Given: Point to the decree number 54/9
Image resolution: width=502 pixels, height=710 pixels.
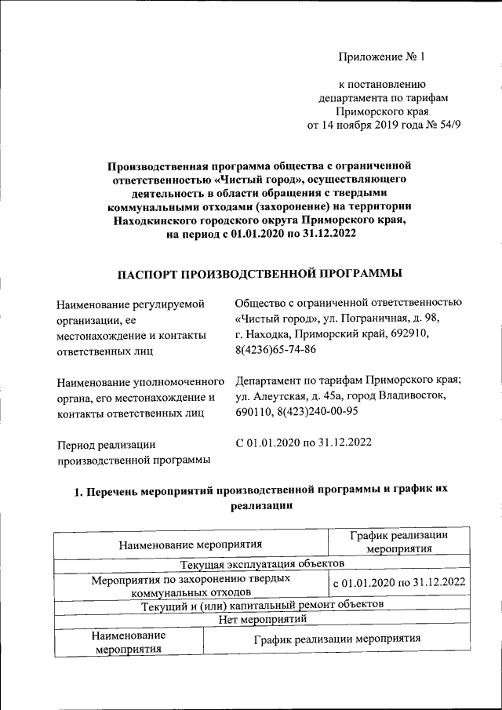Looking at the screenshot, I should [437, 126].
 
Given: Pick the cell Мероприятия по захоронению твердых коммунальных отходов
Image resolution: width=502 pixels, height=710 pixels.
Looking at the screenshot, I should [191, 583].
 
